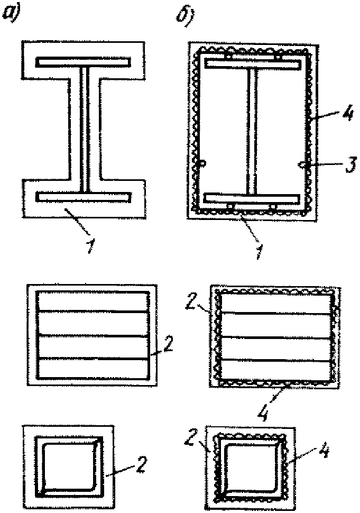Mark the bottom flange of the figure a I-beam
[x=84, y=197]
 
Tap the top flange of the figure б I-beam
[x=253, y=65]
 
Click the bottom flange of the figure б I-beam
[x=253, y=198]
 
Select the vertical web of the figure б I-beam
[x=252, y=131]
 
